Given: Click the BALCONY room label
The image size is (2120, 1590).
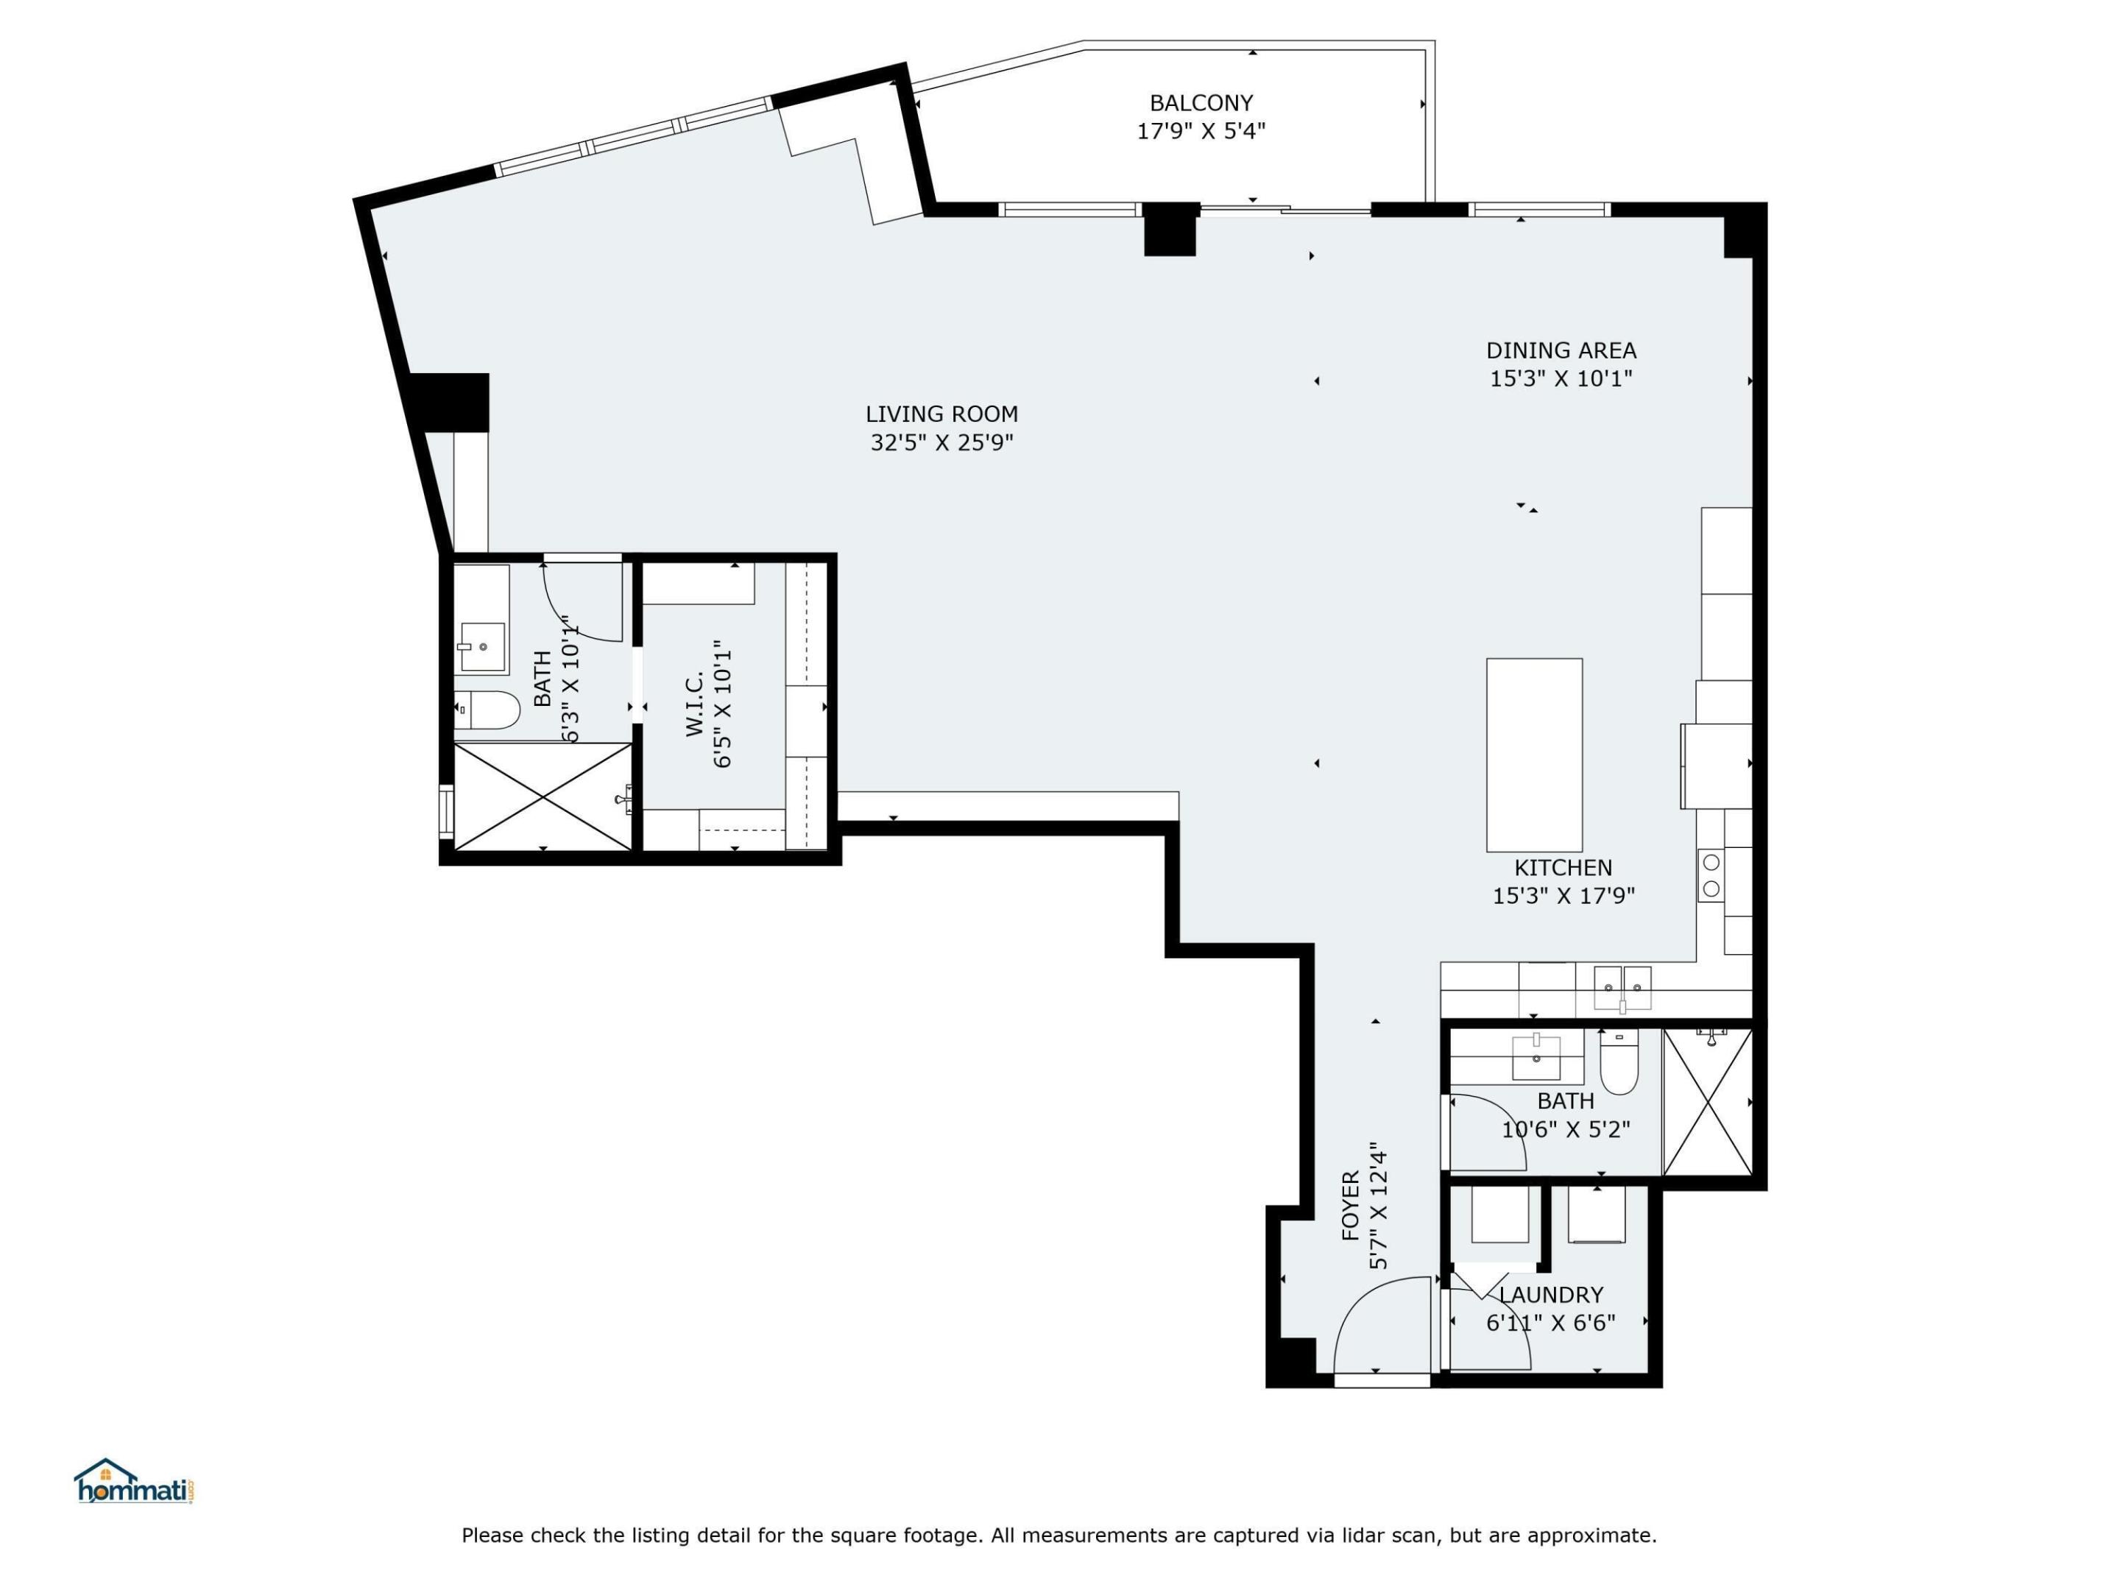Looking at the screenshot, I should (1201, 102).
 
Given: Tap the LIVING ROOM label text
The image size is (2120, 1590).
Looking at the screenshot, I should (941, 414).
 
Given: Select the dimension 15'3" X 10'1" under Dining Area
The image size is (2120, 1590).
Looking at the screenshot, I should (1561, 378).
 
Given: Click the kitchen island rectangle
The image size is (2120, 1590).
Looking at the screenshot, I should (1533, 755).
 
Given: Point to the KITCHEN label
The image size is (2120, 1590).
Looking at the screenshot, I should (1562, 867).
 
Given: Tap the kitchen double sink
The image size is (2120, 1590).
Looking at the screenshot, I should (1622, 987).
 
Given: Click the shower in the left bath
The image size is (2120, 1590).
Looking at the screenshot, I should (543, 796).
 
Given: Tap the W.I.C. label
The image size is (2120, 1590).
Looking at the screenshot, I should (695, 704).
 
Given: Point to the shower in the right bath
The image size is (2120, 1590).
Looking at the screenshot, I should (1708, 1102).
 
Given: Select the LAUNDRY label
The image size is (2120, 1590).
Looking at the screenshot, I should (1551, 1295).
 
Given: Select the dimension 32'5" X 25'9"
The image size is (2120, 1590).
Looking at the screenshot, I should (941, 443).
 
